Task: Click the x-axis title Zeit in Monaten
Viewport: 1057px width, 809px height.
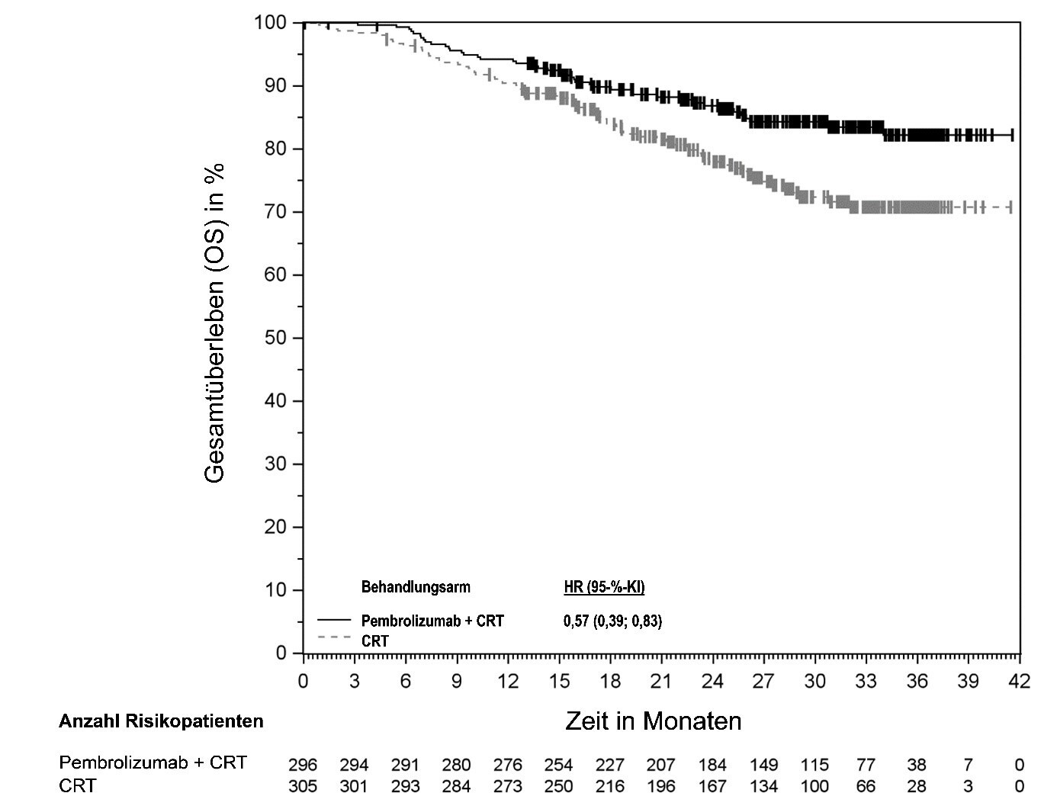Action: point(653,721)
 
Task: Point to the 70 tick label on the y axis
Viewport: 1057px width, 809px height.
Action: point(275,211)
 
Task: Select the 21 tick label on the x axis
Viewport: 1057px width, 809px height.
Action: point(660,681)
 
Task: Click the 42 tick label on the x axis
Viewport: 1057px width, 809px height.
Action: point(1019,681)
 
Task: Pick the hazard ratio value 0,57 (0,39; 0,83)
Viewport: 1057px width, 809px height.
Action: point(612,621)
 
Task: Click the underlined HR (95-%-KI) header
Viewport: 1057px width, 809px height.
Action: point(604,587)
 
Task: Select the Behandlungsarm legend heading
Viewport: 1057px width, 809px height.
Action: point(416,587)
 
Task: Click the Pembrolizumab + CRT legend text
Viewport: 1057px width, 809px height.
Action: point(432,621)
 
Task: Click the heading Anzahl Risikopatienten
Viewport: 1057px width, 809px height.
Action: point(161,721)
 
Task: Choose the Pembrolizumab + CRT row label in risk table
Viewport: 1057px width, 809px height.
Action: point(153,763)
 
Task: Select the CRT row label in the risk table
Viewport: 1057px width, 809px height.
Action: point(78,785)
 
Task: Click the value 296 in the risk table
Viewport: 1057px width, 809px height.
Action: point(303,765)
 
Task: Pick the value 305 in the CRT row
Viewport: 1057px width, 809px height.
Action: point(303,786)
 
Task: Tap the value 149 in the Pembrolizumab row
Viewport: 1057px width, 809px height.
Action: point(763,765)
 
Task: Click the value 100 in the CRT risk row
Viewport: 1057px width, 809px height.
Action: point(814,786)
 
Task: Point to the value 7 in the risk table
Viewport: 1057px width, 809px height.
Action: point(969,765)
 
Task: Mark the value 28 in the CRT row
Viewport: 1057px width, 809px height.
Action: point(917,786)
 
